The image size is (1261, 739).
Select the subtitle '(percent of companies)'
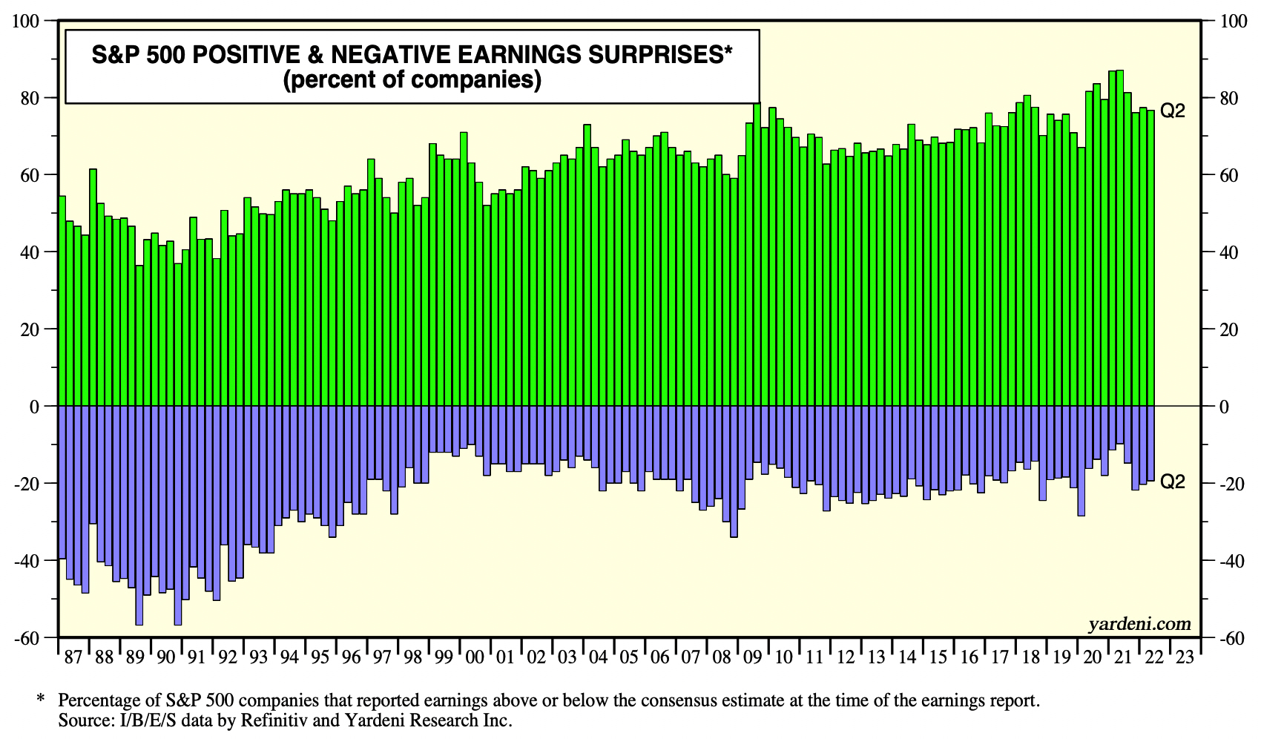click(x=412, y=79)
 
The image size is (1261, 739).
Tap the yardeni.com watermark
click(x=1139, y=624)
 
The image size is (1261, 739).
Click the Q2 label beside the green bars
click(x=1173, y=111)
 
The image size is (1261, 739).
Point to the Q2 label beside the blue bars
click(x=1173, y=482)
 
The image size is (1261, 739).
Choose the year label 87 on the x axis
click(x=73, y=657)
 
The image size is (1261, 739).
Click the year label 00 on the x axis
click(x=475, y=657)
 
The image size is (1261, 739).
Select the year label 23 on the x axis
click(x=1185, y=657)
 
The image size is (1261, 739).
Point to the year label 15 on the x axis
click(x=938, y=657)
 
